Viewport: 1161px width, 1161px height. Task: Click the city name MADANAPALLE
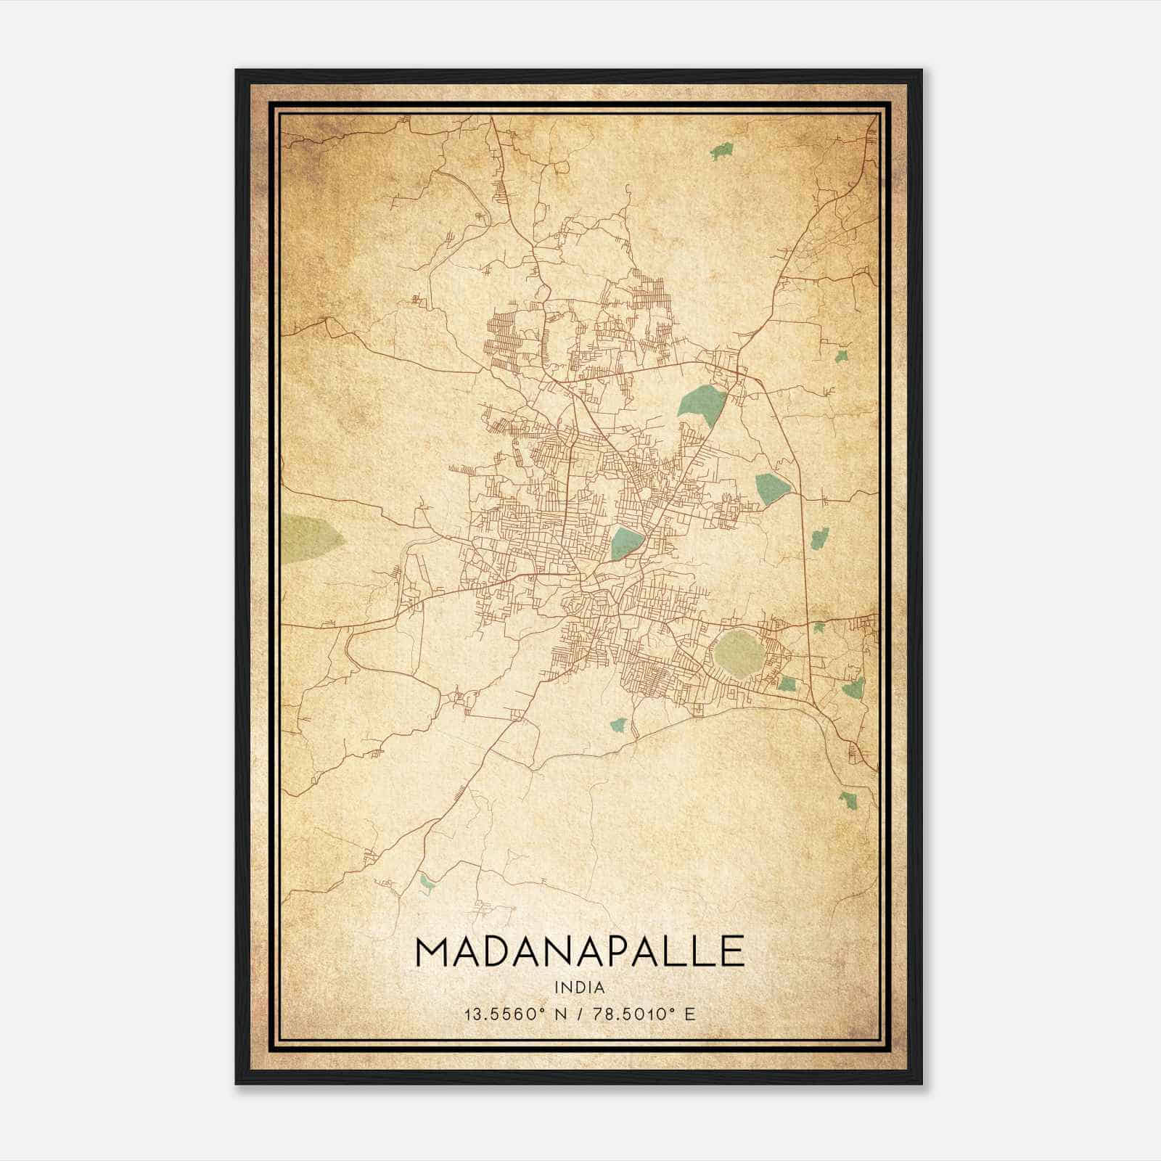(x=580, y=951)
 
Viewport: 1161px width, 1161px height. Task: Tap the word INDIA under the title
(x=580, y=988)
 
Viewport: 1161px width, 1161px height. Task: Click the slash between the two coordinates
(x=579, y=1014)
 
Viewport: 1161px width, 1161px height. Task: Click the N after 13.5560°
(x=559, y=1014)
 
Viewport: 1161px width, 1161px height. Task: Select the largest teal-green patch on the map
(x=701, y=401)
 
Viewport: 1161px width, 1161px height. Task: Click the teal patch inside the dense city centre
(x=626, y=543)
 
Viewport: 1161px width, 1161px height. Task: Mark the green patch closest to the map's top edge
(x=721, y=152)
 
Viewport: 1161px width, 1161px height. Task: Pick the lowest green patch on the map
(x=426, y=883)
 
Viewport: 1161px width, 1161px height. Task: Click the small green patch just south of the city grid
(x=618, y=724)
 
